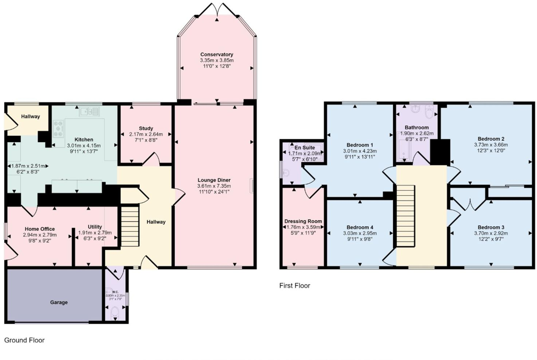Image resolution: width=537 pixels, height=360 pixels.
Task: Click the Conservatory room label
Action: [x=216, y=55]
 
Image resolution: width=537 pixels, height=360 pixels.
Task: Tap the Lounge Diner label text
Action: [x=214, y=180]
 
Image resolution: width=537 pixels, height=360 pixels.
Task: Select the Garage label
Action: [x=59, y=302]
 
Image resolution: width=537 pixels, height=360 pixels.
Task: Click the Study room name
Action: [x=146, y=128]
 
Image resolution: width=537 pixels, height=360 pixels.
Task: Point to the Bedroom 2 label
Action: [x=491, y=139]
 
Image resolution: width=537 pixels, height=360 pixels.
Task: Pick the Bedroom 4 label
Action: [x=360, y=227]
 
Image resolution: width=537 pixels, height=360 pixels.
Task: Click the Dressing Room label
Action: [x=303, y=221]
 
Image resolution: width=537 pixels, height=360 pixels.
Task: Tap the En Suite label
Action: [x=305, y=148]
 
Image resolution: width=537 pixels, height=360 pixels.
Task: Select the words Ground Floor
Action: [x=24, y=340]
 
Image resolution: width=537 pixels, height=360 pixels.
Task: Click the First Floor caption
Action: [x=295, y=285]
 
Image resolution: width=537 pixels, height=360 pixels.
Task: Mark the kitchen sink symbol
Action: [x=89, y=111]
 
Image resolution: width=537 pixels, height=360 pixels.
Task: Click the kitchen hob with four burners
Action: [x=58, y=129]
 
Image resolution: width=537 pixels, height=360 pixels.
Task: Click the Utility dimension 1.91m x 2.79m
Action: [x=95, y=233]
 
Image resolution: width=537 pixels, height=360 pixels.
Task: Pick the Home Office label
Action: [x=40, y=229]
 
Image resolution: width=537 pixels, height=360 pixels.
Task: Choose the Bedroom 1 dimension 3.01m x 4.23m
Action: [x=360, y=151]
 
